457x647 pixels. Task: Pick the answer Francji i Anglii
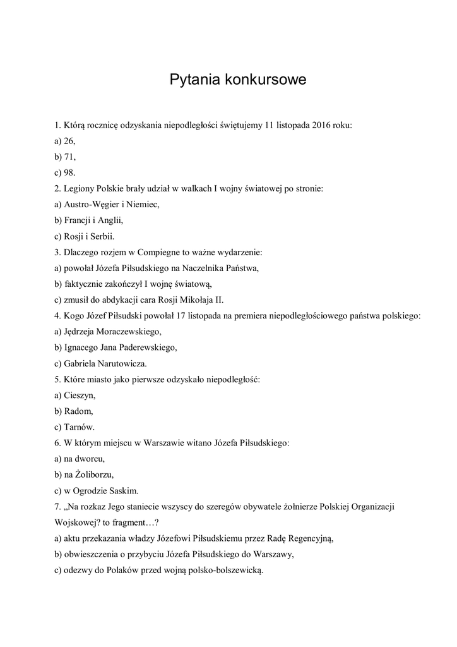(x=92, y=220)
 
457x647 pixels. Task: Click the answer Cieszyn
(x=79, y=395)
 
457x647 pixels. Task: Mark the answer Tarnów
(x=79, y=427)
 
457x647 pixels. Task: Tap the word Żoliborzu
(x=94, y=475)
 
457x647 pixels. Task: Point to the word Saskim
(x=122, y=490)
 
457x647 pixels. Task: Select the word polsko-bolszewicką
(x=222, y=570)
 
